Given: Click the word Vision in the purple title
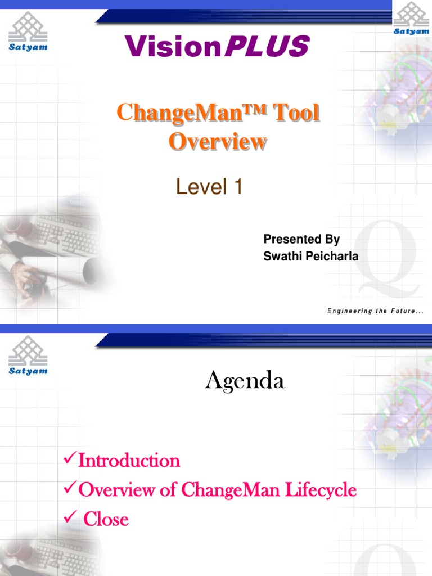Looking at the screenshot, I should pos(172,46).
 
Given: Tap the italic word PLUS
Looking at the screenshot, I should pos(266,46).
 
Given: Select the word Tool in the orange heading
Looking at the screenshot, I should pos(296,113).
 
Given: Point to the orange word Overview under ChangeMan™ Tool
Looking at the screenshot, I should pos(218,141).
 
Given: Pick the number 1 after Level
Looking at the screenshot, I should pos(237,187).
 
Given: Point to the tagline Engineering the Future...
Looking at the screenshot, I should pos(375,311).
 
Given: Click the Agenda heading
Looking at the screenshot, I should pos(245,381).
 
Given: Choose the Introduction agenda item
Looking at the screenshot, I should pos(129,461).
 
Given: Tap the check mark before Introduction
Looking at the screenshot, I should pos(69,460).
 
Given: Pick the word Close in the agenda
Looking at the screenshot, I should pos(106,519).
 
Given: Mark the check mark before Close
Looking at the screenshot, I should pos(69,518).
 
